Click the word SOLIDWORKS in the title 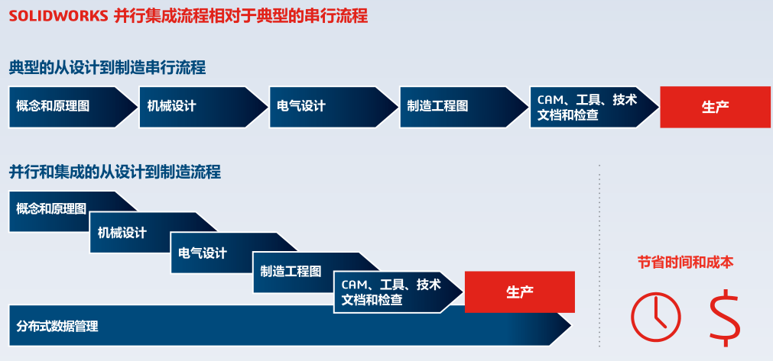[57, 16]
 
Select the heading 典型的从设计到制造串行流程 [107, 67]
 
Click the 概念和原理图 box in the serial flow [65, 107]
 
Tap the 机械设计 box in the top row [195, 107]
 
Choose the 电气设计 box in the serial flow [325, 107]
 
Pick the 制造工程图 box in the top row [455, 107]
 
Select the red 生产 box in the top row [715, 107]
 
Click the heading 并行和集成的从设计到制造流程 [115, 172]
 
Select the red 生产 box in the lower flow [519, 292]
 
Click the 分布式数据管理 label [57, 326]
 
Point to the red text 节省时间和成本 [685, 262]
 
